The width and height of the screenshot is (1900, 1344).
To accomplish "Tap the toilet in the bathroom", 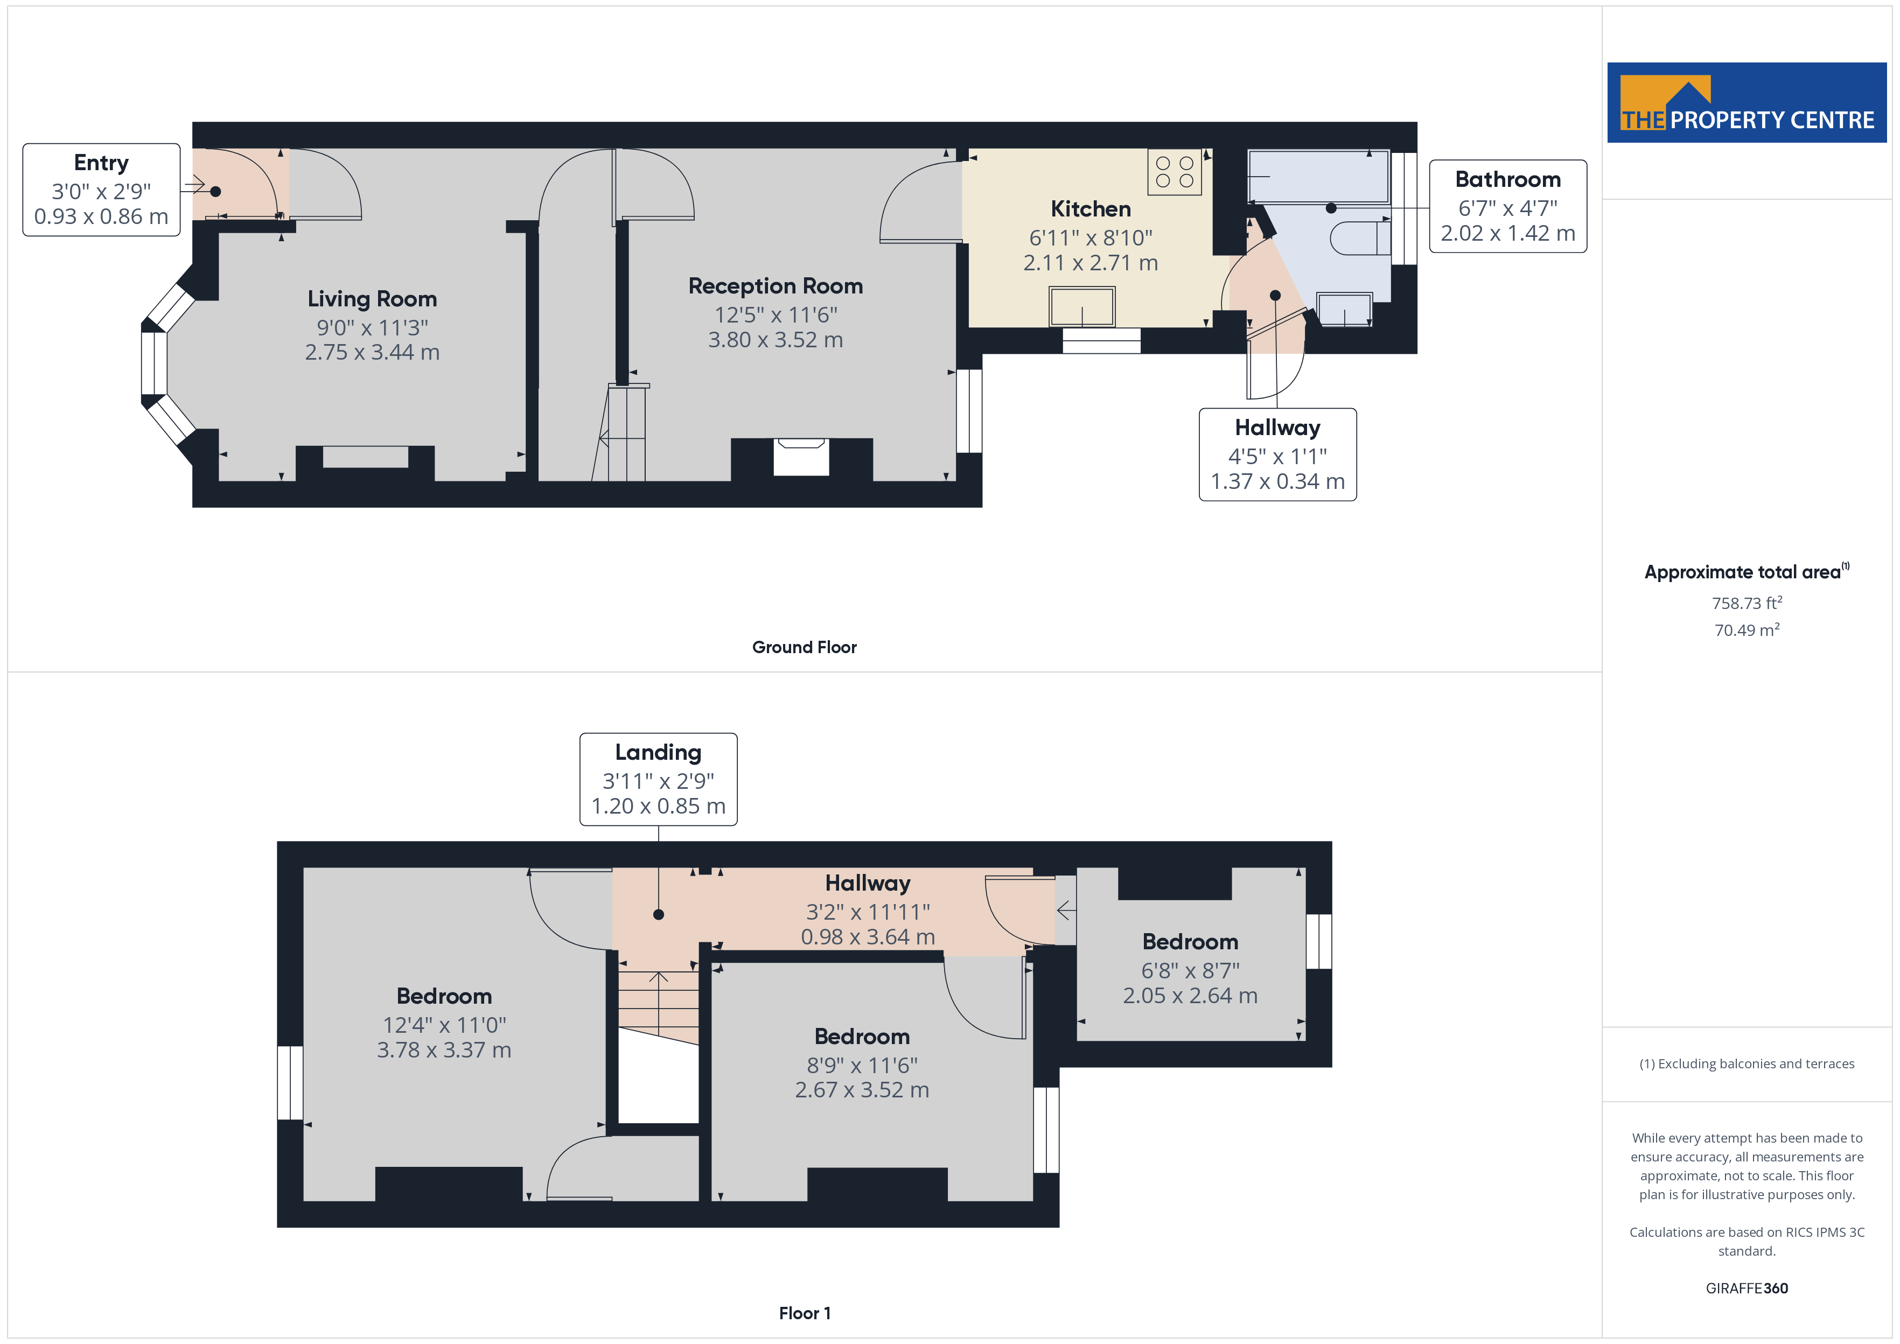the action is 1360,239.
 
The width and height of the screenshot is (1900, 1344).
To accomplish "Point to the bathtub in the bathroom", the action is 1318,176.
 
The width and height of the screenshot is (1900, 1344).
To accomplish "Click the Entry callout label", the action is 101,190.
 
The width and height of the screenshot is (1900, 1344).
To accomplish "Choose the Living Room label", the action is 372,299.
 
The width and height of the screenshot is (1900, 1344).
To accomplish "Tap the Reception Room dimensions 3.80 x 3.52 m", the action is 776,340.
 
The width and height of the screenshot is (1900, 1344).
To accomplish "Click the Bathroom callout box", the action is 1508,206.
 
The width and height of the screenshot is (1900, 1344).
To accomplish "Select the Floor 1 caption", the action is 805,1313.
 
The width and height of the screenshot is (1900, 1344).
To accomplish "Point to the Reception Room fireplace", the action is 801,458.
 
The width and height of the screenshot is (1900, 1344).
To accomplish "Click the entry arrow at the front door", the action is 194,183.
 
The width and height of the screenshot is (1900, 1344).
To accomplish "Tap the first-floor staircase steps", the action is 659,1002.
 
